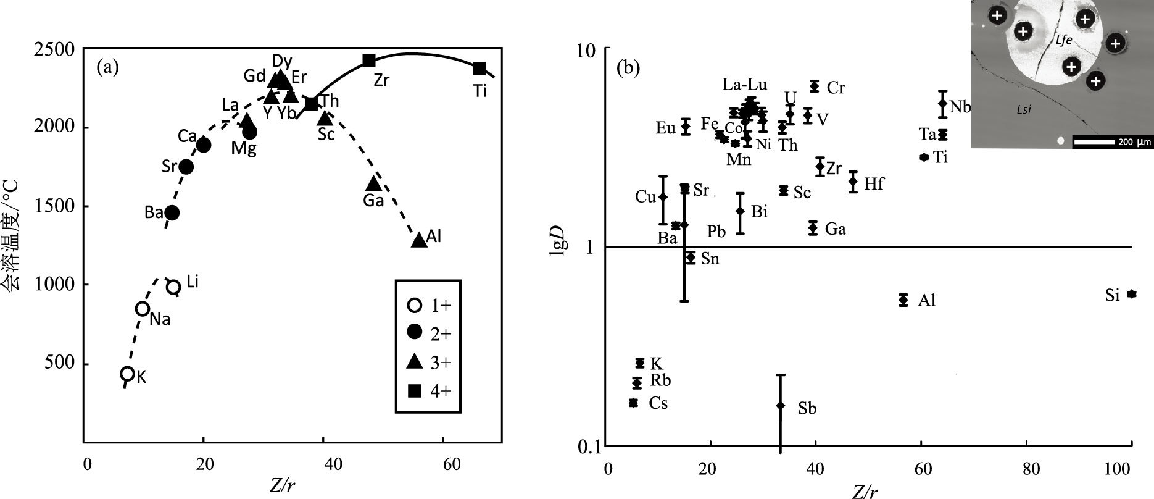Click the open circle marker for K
(127, 374)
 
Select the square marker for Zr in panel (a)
(369, 60)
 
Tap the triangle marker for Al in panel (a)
(419, 240)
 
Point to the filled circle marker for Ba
(172, 212)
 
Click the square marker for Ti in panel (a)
(479, 68)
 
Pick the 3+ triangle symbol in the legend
(415, 361)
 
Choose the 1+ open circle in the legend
(415, 305)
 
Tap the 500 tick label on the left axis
(60, 363)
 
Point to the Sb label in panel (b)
(807, 408)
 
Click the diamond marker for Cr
(815, 86)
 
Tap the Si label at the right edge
(1112, 296)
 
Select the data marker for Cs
(633, 403)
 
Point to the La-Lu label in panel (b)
(745, 84)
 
